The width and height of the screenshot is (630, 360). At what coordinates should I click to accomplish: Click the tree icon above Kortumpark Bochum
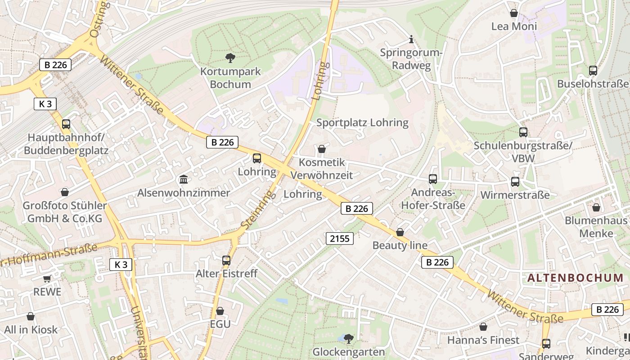click(x=230, y=58)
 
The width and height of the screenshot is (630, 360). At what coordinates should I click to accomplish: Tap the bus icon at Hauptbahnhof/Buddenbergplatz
click(x=66, y=124)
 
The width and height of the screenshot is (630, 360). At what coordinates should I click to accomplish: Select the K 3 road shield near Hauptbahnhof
click(x=45, y=104)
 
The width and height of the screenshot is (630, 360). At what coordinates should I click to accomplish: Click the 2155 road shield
click(x=340, y=238)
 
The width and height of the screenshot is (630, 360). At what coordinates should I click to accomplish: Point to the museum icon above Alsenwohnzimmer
click(x=184, y=180)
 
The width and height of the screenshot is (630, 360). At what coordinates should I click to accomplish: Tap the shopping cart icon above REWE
click(x=47, y=279)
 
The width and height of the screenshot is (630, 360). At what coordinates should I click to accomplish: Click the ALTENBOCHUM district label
click(x=575, y=278)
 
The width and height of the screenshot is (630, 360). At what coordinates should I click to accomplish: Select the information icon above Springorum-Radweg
click(x=411, y=40)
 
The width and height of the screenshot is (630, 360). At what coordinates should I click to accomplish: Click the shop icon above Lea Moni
click(x=514, y=13)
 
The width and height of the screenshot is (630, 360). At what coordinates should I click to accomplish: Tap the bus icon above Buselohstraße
click(x=593, y=71)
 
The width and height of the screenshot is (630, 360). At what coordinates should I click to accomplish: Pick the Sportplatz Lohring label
click(x=362, y=122)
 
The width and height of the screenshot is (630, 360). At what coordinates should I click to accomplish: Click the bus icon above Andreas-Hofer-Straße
click(x=433, y=179)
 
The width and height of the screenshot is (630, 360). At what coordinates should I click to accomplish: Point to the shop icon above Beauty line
click(x=400, y=232)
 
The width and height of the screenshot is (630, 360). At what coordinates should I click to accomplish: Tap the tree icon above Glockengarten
click(x=348, y=338)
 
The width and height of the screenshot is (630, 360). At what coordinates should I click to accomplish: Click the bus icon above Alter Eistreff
click(x=226, y=260)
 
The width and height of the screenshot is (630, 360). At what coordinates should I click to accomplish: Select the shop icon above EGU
click(x=220, y=311)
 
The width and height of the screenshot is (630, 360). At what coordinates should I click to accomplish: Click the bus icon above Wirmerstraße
click(x=515, y=182)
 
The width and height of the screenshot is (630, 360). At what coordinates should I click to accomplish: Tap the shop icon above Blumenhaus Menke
click(x=596, y=207)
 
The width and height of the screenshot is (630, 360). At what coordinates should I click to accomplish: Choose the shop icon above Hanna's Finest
click(x=483, y=327)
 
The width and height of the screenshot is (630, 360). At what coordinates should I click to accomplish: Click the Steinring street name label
click(x=258, y=209)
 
